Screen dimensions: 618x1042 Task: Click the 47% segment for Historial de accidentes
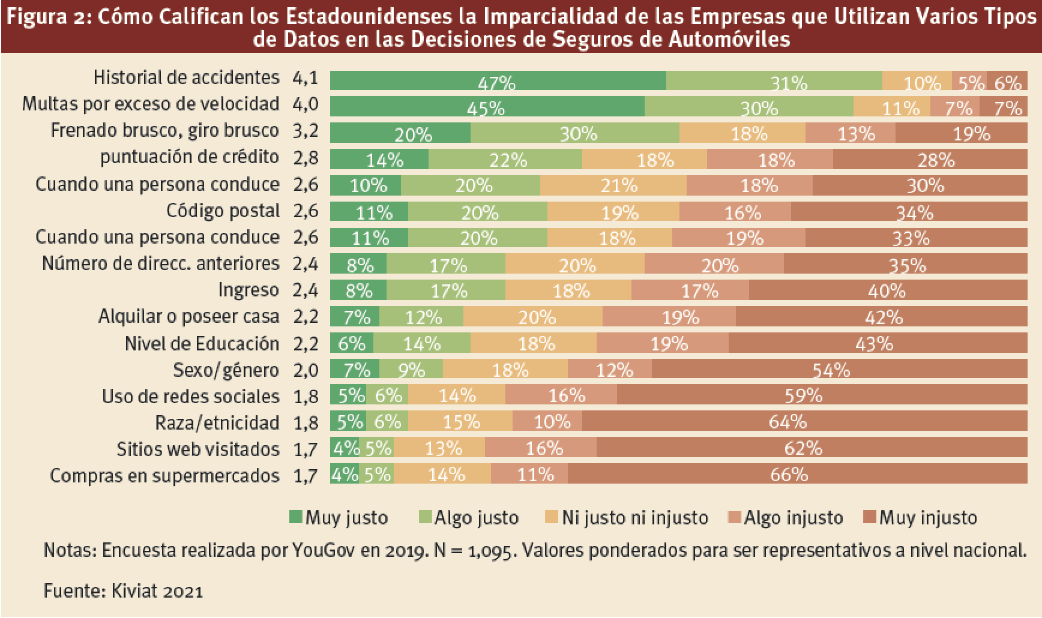(498, 80)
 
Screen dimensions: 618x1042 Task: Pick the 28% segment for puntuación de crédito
(930, 160)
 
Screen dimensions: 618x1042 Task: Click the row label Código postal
(223, 211)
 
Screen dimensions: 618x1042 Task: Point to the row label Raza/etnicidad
(217, 422)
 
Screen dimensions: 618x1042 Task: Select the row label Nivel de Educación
(202, 343)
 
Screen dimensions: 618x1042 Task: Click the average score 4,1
(306, 78)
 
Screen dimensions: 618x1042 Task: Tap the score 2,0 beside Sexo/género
(306, 370)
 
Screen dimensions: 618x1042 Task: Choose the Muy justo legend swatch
(296, 517)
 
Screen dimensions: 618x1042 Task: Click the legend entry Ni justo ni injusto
(634, 517)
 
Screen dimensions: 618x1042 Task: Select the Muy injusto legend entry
(928, 517)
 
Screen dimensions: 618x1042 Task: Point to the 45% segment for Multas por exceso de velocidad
(487, 107)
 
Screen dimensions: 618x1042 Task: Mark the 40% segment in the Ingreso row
(888, 290)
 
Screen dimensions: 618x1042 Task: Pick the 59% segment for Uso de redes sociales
(822, 396)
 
